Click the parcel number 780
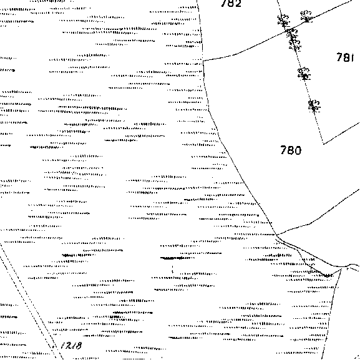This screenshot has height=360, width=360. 291,150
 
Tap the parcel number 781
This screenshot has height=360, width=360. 345,57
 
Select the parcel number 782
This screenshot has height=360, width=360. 231,3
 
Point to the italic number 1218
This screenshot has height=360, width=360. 71,346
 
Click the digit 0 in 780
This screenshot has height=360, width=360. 298,150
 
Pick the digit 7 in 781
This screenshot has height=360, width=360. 339,57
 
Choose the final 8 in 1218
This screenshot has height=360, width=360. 78,346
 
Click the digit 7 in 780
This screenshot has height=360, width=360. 283,150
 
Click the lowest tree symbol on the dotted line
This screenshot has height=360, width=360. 314,106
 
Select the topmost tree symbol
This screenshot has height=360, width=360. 306,16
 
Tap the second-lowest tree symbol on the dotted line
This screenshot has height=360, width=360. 304,74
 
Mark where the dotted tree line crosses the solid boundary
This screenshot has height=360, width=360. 287,31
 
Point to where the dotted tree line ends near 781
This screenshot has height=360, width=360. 323,144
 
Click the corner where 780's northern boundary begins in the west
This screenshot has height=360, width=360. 203,61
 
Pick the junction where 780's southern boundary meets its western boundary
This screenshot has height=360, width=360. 277,235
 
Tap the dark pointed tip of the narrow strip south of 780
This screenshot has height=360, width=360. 326,276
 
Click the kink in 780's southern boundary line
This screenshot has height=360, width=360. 311,224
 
